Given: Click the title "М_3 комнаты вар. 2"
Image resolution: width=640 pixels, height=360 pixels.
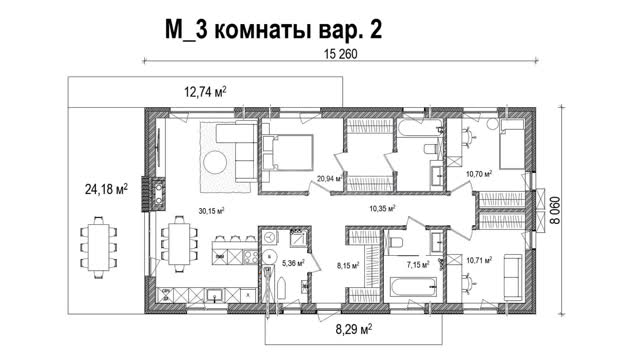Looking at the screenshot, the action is click(x=273, y=29).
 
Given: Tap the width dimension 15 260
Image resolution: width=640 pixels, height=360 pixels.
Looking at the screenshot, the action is click(x=340, y=54).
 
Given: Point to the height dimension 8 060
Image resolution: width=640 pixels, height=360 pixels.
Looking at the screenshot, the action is click(x=555, y=210).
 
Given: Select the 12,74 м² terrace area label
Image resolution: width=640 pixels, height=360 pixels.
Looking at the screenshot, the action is click(x=206, y=92).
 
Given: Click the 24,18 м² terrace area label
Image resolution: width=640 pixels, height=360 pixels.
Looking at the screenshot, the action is click(x=106, y=189).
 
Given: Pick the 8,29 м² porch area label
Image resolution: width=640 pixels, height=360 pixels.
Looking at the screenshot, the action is click(x=353, y=329).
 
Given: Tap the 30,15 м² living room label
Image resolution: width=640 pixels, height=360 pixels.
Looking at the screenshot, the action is click(x=211, y=211).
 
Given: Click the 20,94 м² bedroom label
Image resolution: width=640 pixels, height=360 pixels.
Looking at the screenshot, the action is click(x=329, y=178).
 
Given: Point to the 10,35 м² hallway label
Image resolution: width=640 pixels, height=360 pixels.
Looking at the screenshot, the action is click(x=382, y=209).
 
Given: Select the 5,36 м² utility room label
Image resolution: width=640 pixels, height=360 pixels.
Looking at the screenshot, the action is click(x=293, y=263).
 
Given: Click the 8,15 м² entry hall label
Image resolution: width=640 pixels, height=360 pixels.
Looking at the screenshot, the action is click(x=348, y=265).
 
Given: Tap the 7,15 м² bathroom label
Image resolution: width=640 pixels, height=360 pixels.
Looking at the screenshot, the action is click(x=418, y=265).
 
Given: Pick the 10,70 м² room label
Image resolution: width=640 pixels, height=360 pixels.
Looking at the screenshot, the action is click(x=479, y=174).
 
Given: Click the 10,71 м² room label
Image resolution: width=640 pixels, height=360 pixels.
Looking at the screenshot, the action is click(x=479, y=260).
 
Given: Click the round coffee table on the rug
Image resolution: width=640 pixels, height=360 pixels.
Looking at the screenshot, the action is click(x=216, y=162).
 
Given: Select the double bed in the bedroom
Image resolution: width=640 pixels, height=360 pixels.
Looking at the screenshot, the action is click(x=288, y=152).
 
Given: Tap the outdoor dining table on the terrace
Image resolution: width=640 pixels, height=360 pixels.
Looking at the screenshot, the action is click(x=98, y=247).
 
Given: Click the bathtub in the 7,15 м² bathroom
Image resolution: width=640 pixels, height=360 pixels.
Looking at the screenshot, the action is click(x=413, y=288).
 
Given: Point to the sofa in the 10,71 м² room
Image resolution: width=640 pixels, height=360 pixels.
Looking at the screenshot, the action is click(x=513, y=278).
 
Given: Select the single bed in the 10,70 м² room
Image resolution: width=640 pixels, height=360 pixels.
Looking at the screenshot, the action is click(x=512, y=144).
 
